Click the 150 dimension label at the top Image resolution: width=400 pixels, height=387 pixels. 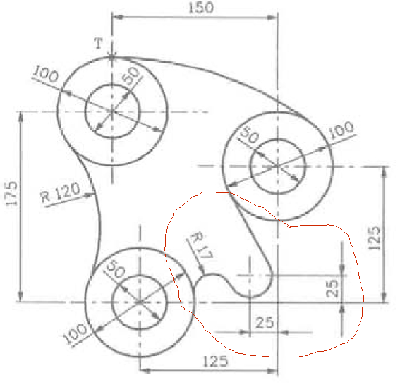coord(201,8)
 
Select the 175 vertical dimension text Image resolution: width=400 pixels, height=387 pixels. coord(12,193)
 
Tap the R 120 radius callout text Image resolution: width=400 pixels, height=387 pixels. coord(61,192)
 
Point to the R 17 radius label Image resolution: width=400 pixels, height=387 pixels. coord(202,245)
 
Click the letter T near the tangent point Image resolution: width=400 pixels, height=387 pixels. coord(99,44)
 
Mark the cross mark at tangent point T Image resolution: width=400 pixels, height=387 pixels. coord(112,57)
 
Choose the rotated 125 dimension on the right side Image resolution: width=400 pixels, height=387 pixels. coord(374,238)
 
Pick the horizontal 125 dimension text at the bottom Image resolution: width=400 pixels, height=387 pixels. coord(215,361)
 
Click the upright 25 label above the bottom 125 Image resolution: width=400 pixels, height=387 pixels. coord(265,323)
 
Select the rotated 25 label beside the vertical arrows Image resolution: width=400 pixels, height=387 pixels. coord(332,288)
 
